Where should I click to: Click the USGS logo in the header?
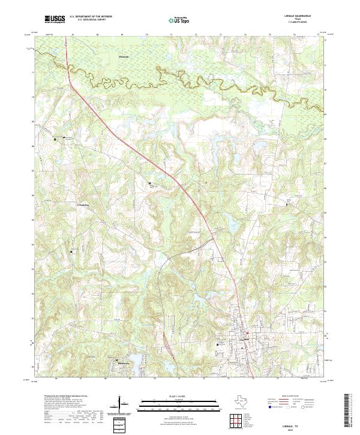point(55,19)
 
